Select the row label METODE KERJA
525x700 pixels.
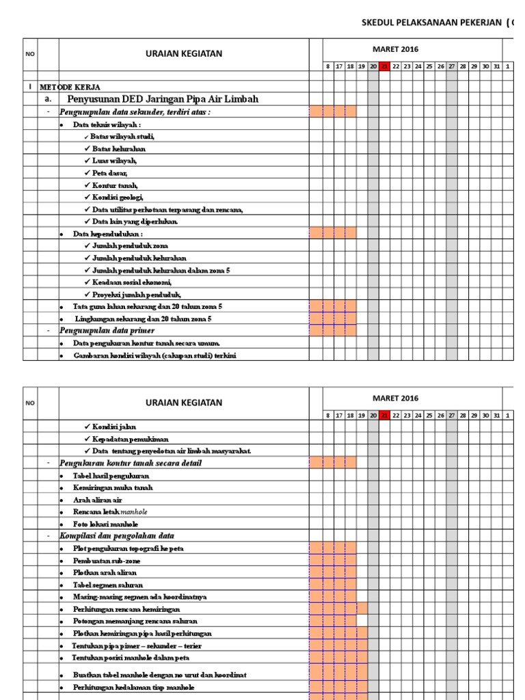[x=70, y=87]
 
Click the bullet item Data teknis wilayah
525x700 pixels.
[x=107, y=125]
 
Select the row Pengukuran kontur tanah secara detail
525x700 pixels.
[x=130, y=463]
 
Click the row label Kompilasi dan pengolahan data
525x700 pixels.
[x=117, y=536]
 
